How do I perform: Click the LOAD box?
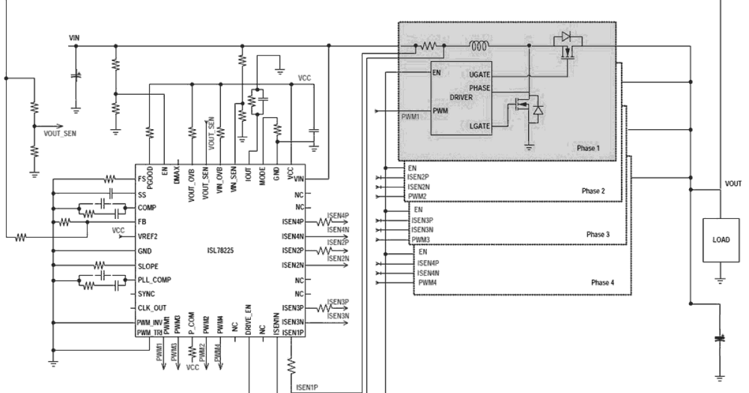tap(721, 240)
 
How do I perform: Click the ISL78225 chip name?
tap(220, 251)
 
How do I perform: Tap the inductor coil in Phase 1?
tap(480, 46)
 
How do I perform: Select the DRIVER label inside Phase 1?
tap(461, 97)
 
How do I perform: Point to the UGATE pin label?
tap(479, 75)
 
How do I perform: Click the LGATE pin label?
tap(480, 126)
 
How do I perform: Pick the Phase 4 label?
tap(602, 283)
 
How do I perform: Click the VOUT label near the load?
tap(733, 184)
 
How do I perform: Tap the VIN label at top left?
tap(74, 38)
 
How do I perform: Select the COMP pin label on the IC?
tap(147, 208)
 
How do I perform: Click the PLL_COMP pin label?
tap(154, 279)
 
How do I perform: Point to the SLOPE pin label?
tap(148, 266)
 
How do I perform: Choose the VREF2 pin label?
tap(147, 236)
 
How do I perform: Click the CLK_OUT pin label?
tap(152, 308)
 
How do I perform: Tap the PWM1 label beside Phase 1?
tap(410, 117)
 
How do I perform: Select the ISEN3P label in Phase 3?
tap(422, 221)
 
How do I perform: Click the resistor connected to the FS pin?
tap(109, 180)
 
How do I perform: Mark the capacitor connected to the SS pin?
tap(111, 193)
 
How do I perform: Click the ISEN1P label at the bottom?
tap(307, 387)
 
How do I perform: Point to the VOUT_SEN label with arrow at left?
tap(60, 133)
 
